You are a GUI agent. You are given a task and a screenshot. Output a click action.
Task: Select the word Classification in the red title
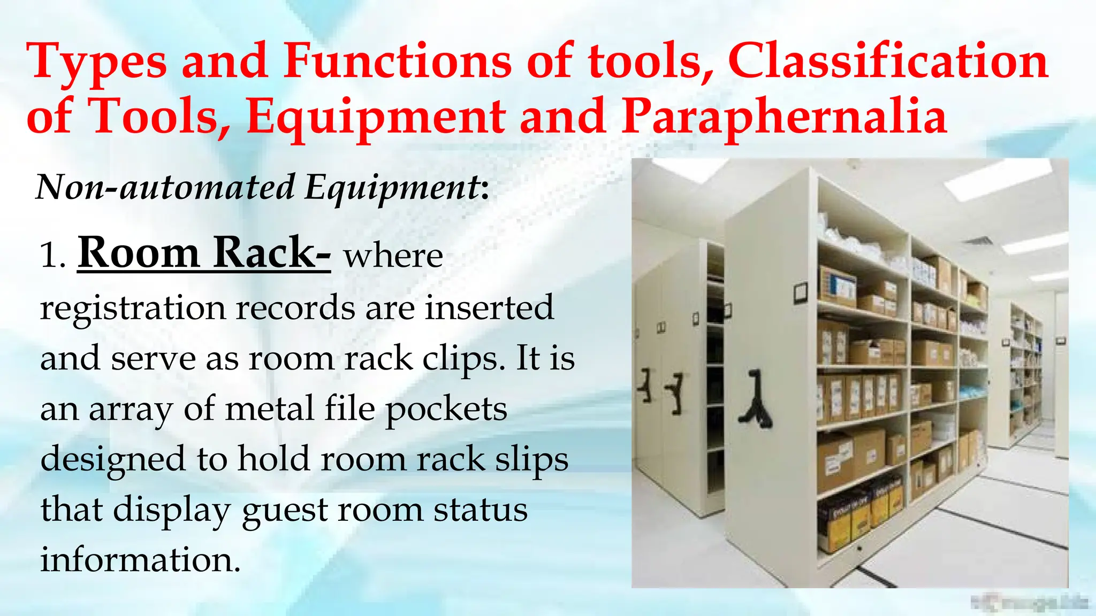[x=888, y=61]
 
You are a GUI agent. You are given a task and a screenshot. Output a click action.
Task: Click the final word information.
[x=140, y=560]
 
